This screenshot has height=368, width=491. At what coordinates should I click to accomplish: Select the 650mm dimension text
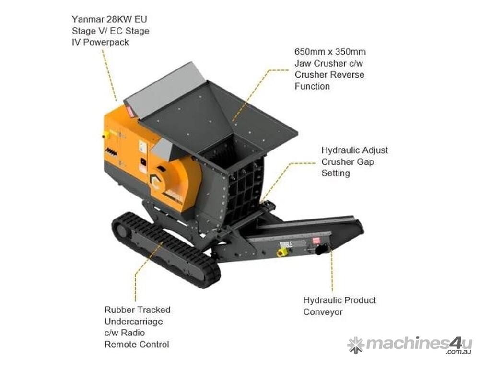coord(308,52)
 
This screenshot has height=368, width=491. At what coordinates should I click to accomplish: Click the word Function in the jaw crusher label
coord(312,86)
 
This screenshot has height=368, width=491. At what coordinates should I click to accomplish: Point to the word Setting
coord(336,173)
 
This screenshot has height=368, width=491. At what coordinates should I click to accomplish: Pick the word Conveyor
coord(323,312)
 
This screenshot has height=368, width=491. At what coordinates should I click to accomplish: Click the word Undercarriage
coord(133,322)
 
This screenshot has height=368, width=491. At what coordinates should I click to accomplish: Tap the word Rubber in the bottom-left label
coord(118,310)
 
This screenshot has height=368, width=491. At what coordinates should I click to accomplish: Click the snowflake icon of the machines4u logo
coord(355,345)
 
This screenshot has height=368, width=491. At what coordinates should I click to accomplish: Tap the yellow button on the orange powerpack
coord(105,135)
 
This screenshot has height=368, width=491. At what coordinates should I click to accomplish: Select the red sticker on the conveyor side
coord(316,241)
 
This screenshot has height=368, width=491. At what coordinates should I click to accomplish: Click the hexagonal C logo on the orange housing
coord(156,181)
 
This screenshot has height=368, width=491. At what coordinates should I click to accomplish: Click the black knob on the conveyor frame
coord(321,249)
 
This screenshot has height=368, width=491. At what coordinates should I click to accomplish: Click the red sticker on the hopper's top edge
coord(131,112)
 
